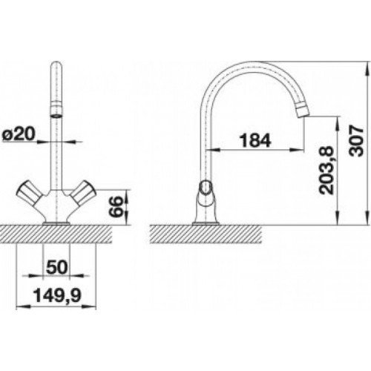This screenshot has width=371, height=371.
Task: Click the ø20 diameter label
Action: click(x=19, y=134)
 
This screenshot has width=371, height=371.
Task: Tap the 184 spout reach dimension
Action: click(x=255, y=141)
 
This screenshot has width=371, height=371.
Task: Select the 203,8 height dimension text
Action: click(x=326, y=170)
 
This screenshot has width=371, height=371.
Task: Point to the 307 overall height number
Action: click(x=356, y=141)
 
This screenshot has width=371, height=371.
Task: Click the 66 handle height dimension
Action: click(x=116, y=207)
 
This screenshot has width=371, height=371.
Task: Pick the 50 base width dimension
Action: click(x=57, y=267)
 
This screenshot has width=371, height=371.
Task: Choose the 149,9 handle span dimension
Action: click(x=57, y=296)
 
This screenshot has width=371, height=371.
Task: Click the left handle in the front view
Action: click(x=28, y=192)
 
